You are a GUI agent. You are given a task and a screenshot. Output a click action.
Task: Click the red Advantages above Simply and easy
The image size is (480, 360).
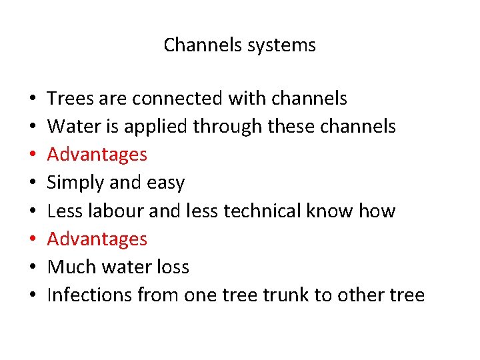click(97, 155)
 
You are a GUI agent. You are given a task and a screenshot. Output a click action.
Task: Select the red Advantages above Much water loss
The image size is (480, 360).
click(97, 239)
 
